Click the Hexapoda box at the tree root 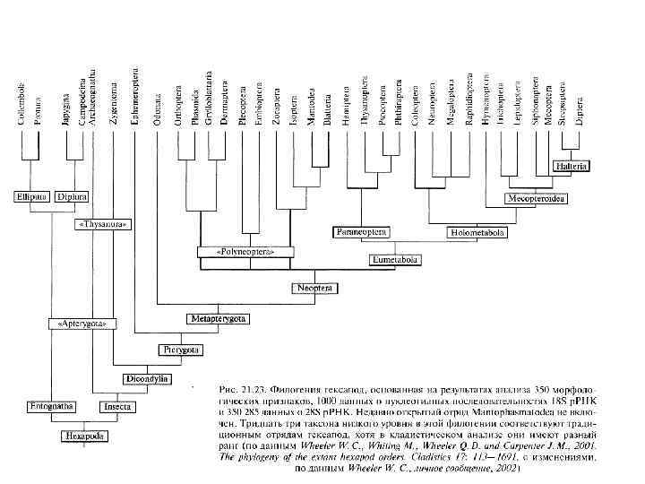[82, 436]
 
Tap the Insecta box [118, 406]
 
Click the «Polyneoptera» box [244, 253]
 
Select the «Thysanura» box [100, 221]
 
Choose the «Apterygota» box [81, 320]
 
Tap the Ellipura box [30, 194]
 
